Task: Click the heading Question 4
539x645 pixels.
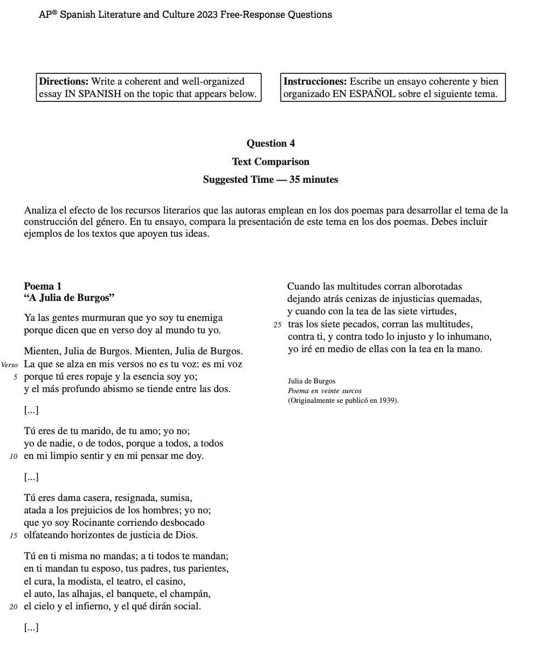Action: (x=271, y=143)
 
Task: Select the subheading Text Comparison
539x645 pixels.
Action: (x=271, y=162)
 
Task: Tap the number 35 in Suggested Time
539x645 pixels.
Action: (x=295, y=180)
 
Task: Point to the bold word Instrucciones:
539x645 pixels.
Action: (x=315, y=81)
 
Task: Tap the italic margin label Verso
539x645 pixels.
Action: (x=10, y=365)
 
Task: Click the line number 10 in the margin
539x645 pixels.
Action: (x=14, y=456)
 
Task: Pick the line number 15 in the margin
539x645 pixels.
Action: (x=14, y=536)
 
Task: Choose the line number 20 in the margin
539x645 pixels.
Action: (x=14, y=607)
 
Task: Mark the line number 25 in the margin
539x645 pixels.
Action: (x=278, y=325)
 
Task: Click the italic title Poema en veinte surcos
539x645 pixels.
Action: (x=324, y=390)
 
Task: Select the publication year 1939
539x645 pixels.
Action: (x=387, y=400)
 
